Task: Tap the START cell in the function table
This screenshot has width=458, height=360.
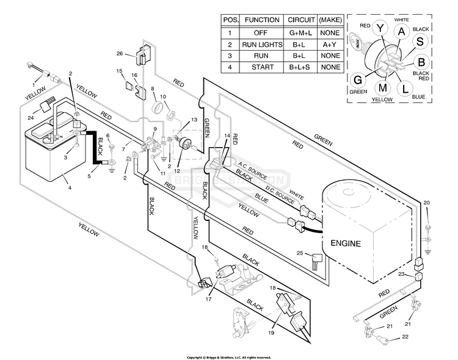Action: [262, 67]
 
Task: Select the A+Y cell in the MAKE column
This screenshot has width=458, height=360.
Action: [330, 45]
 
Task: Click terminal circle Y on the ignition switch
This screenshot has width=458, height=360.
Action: [380, 27]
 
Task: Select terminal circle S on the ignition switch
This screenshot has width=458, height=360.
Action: [421, 40]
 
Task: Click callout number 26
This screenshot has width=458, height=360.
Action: [120, 52]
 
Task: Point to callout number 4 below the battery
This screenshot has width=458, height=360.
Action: [70, 187]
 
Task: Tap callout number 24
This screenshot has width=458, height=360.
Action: [30, 118]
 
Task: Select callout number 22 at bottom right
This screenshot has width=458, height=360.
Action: [404, 337]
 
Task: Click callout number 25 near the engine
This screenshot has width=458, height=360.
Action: [300, 253]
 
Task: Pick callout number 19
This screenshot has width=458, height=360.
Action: [271, 333]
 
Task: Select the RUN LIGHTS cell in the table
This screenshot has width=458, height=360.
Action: [262, 45]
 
